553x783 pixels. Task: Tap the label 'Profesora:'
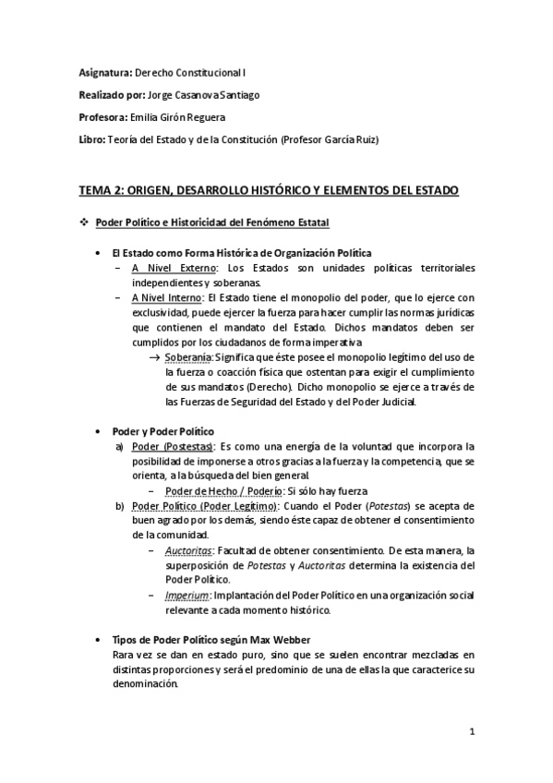coord(104,116)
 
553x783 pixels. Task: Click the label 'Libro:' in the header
coord(94,139)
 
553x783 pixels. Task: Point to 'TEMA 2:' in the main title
coord(104,190)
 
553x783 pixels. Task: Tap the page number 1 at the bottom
coord(472,734)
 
